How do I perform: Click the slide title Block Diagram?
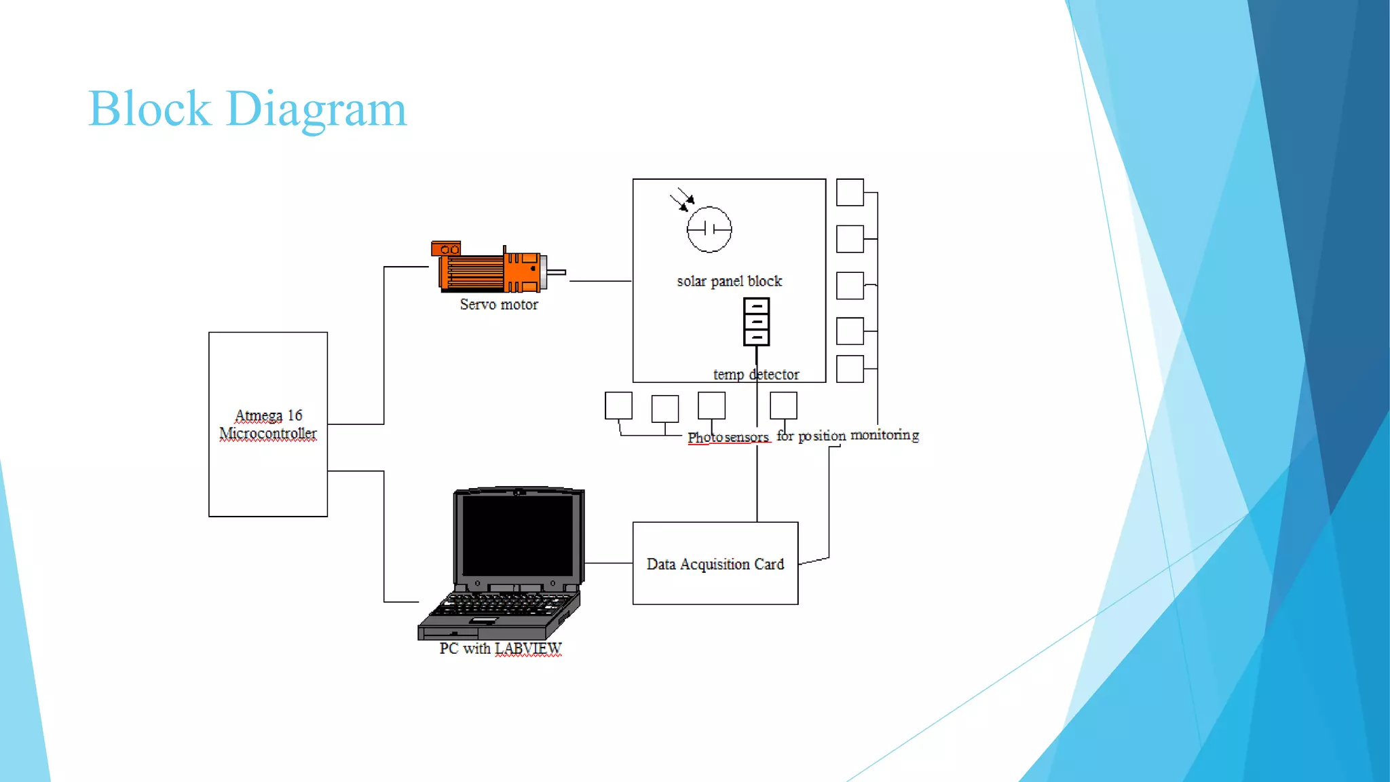[x=247, y=109]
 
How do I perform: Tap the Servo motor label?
[x=499, y=305]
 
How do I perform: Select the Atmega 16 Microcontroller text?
[x=268, y=424]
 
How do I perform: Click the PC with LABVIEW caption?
[x=500, y=649]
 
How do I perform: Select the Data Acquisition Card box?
[x=715, y=563]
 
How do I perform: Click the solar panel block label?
[x=729, y=282]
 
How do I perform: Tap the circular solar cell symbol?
[x=709, y=229]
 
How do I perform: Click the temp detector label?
[x=756, y=375]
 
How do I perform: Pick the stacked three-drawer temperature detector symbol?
[x=756, y=322]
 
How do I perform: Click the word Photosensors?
[x=728, y=437]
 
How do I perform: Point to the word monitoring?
[x=884, y=435]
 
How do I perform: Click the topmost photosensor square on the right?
[x=850, y=192]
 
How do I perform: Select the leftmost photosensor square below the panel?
[x=618, y=405]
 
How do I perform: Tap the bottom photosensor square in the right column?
[x=850, y=369]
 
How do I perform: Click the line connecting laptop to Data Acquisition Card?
[x=608, y=563]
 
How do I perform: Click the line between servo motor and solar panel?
[x=600, y=280]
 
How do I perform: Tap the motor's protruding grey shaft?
[x=557, y=272]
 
